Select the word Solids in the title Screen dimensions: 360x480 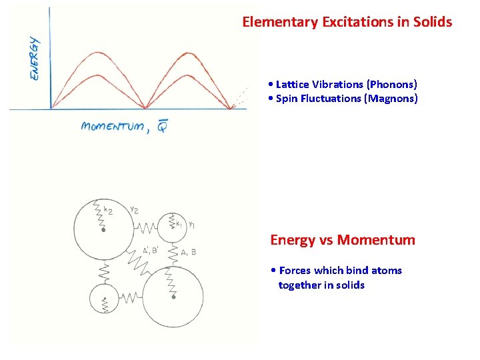click(433, 22)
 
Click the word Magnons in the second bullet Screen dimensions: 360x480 click(395, 99)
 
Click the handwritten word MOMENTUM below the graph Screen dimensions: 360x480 click(111, 127)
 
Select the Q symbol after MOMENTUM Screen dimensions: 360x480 click(162, 127)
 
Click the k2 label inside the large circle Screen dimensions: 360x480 click(109, 210)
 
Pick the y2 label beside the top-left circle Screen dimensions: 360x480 click(134, 209)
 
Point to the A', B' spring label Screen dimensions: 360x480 click(150, 251)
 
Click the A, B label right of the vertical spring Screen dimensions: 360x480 click(189, 251)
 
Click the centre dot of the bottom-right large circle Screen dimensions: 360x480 click(173, 297)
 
